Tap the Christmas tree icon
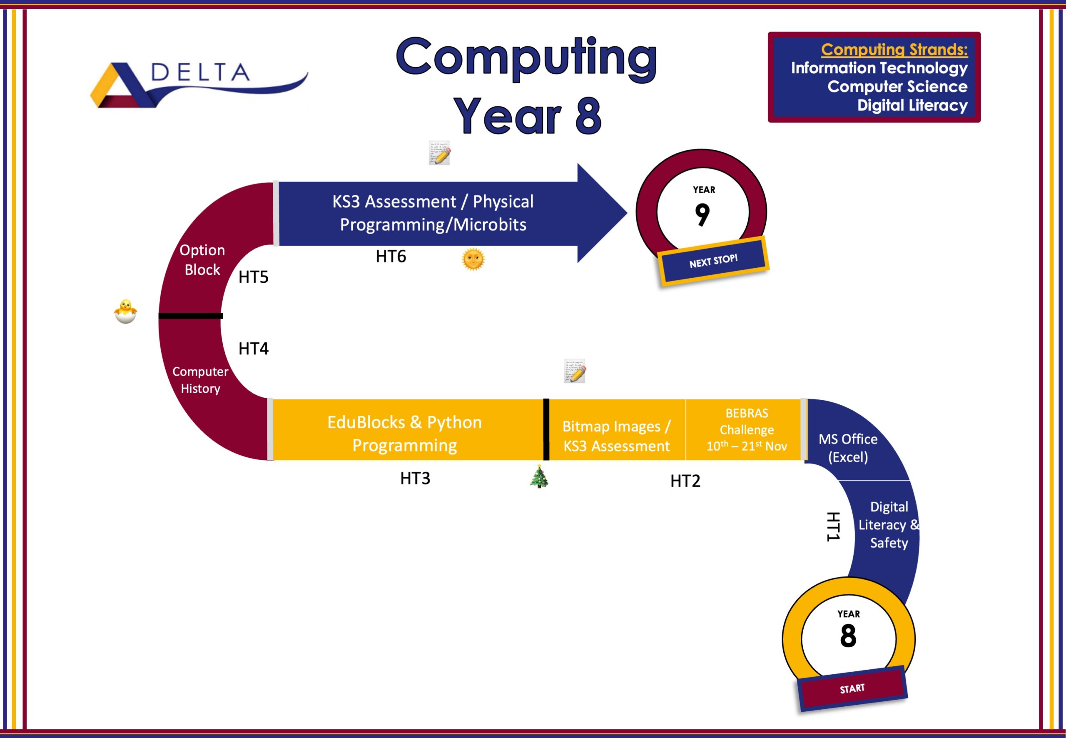click(x=539, y=477)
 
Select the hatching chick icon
click(x=126, y=311)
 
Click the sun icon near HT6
click(x=473, y=259)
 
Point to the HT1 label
click(x=833, y=527)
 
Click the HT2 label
click(x=685, y=481)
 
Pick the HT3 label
click(x=415, y=479)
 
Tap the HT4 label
click(x=253, y=349)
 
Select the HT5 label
click(x=253, y=277)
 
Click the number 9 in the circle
click(x=702, y=214)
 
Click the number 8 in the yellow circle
click(x=848, y=636)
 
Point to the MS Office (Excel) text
click(x=848, y=448)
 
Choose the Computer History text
click(x=200, y=380)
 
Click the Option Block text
click(x=202, y=260)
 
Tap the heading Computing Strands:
click(x=894, y=50)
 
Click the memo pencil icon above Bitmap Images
click(x=575, y=371)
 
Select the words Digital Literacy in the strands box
click(x=912, y=105)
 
